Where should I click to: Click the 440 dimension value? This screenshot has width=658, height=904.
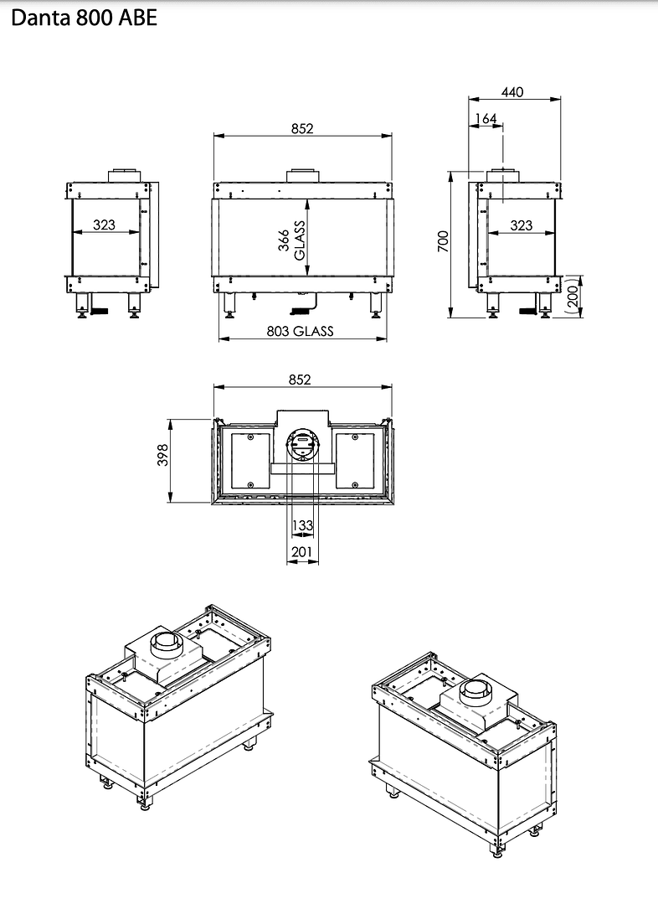(512, 92)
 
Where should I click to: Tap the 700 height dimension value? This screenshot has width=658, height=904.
(444, 241)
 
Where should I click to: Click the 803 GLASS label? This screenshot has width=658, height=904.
(301, 331)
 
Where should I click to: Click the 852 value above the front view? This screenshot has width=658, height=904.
(302, 128)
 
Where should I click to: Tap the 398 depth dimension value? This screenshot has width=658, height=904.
(163, 455)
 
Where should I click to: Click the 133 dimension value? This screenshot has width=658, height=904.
(302, 525)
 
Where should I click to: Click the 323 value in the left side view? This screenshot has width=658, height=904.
(105, 225)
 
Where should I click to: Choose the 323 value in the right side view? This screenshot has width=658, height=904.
(521, 225)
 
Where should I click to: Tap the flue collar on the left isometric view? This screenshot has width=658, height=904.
(167, 645)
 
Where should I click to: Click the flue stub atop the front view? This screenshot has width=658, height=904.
(302, 176)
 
